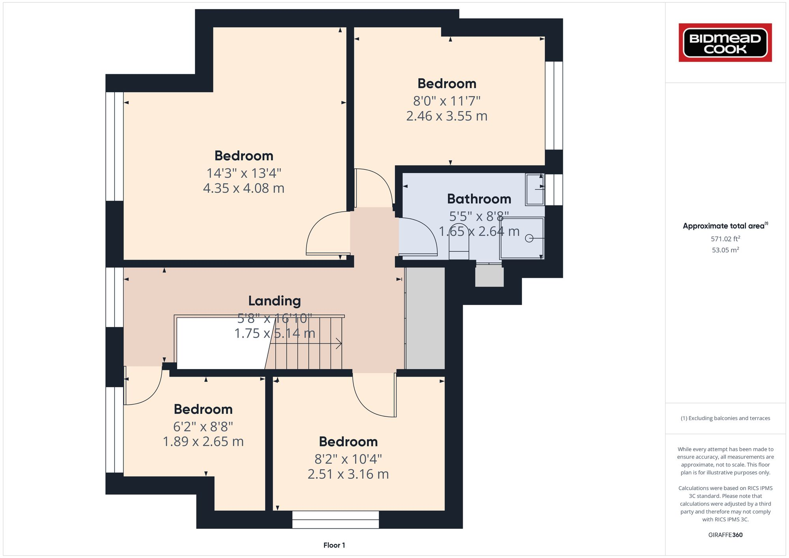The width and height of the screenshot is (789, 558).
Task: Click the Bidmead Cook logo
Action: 725,43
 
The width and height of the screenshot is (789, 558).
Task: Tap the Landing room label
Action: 274,301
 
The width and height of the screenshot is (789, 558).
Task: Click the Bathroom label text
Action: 479,199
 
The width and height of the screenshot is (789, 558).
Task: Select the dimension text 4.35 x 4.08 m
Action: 243,188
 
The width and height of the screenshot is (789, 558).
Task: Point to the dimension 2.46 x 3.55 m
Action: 447,116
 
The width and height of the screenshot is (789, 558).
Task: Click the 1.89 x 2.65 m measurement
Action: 203,441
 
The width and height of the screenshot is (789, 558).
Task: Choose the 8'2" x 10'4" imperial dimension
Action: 348,459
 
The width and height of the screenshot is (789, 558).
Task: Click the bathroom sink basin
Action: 535,190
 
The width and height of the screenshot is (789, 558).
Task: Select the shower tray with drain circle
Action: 522,238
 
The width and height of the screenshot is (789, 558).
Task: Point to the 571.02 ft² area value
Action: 725,239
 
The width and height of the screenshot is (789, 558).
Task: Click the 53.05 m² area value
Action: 725,250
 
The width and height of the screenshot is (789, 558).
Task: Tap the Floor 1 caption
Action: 334,545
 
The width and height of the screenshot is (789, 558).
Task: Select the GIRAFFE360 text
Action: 725,535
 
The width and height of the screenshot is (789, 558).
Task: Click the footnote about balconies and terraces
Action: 725,418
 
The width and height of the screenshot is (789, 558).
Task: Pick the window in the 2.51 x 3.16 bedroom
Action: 335,519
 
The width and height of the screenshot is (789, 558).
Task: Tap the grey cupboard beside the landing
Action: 425,318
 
